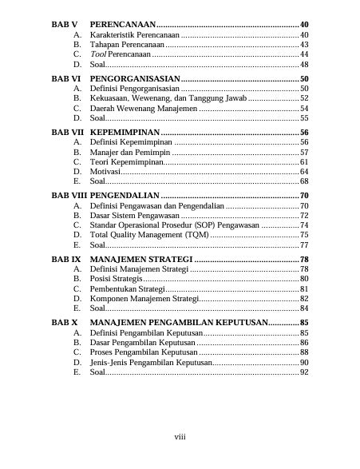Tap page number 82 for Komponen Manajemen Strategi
(x=303, y=298)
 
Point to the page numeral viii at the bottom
(x=180, y=436)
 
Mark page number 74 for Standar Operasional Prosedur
(x=303, y=225)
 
